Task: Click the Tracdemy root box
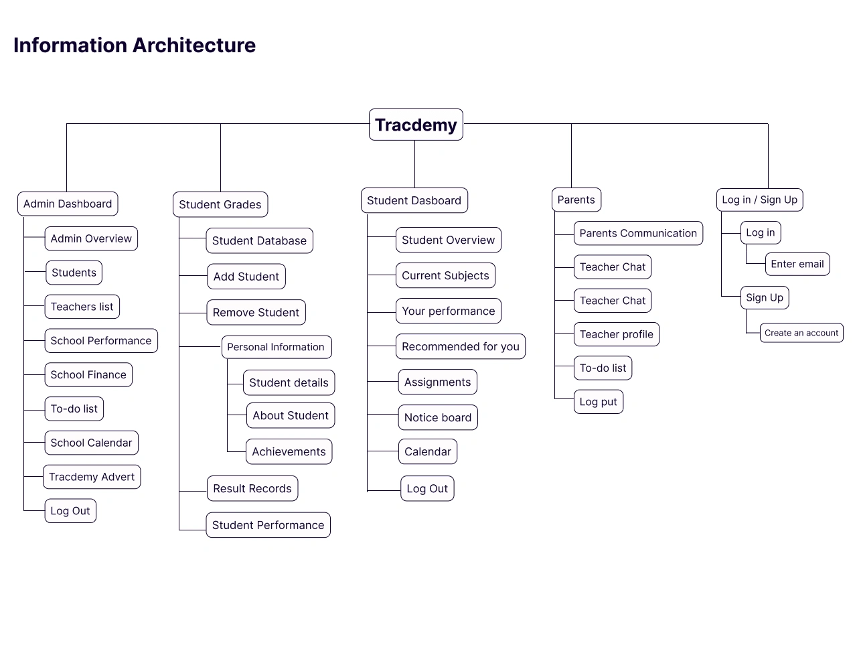point(416,125)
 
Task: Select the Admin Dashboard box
point(68,204)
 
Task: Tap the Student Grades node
point(220,204)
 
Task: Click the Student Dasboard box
point(414,200)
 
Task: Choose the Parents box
point(576,200)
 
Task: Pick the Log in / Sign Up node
point(760,200)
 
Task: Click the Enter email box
point(797,264)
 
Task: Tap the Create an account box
point(801,333)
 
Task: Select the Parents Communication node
point(638,233)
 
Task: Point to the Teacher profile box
point(617,334)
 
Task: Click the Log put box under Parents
point(599,402)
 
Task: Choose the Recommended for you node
point(460,346)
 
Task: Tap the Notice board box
point(438,417)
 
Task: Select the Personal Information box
point(277,347)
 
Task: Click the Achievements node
point(289,451)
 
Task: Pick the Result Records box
point(252,488)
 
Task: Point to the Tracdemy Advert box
point(92,477)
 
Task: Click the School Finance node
point(88,374)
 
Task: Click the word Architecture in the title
point(194,45)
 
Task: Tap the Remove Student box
point(256,312)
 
